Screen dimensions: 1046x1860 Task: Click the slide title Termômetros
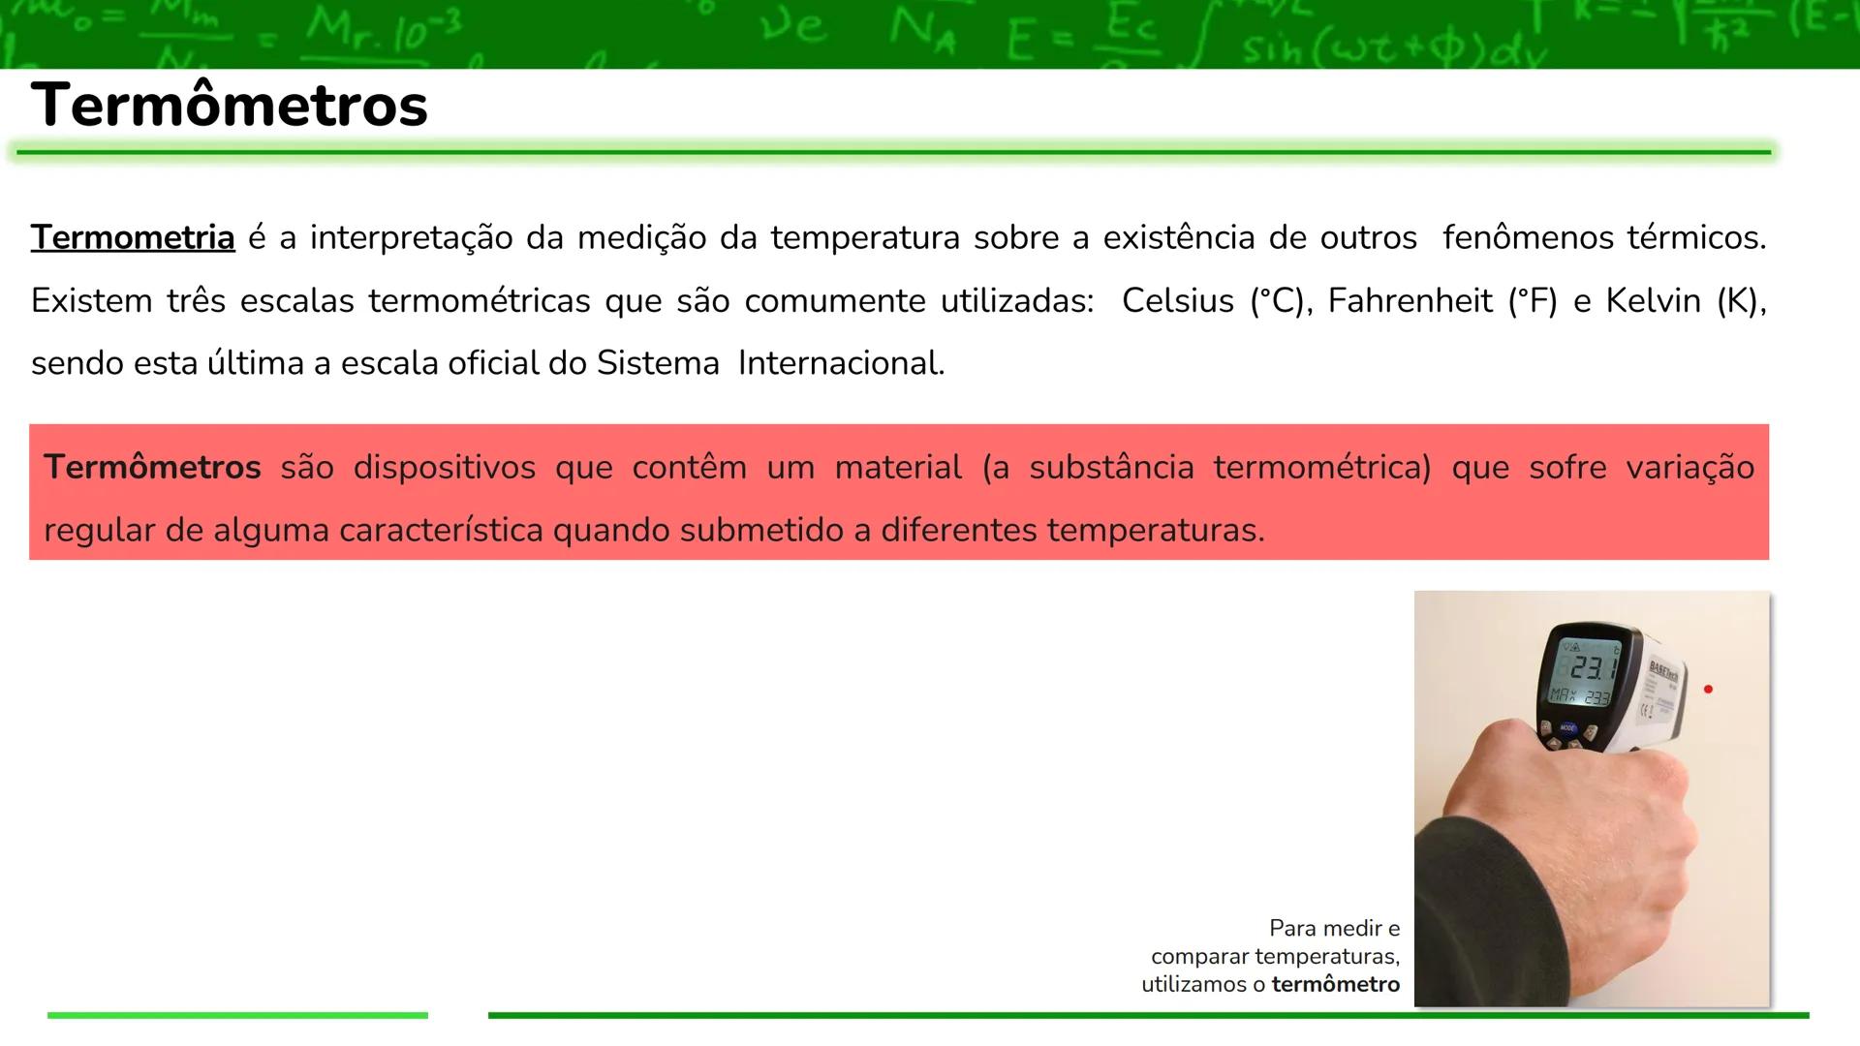coord(229,105)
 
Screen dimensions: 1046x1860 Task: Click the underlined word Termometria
coord(133,237)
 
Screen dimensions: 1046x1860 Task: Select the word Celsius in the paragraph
coord(1177,301)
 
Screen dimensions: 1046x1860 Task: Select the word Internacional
coord(840,363)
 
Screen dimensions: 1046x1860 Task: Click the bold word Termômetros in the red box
coord(152,468)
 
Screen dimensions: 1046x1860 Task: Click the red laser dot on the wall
coord(1708,690)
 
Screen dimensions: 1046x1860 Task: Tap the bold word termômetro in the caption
coord(1335,985)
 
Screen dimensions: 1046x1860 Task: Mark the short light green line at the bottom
coord(237,1015)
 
